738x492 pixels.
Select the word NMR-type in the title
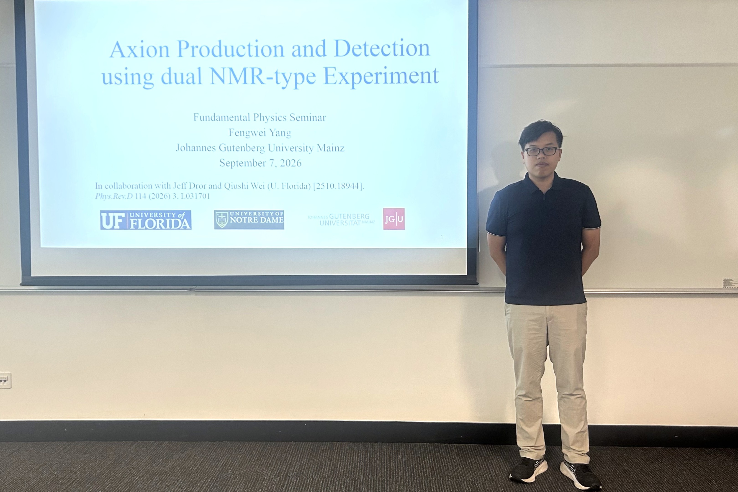click(263, 77)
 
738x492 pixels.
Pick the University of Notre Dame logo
click(249, 220)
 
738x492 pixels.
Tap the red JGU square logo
click(394, 219)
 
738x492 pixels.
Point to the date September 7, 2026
click(260, 163)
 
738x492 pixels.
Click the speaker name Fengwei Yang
click(260, 133)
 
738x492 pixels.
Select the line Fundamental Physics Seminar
click(260, 117)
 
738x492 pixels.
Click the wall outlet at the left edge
click(5, 380)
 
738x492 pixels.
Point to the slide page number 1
click(442, 237)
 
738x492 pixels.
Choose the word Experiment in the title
click(381, 76)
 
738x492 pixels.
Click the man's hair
click(540, 133)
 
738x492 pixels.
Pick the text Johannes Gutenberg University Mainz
click(260, 148)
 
